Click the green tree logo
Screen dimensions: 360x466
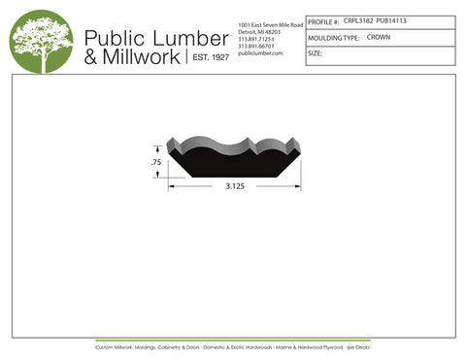click(x=41, y=42)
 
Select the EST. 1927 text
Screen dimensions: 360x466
click(x=207, y=58)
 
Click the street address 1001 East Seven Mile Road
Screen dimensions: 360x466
click(x=270, y=23)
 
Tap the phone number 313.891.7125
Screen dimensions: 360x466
click(x=256, y=39)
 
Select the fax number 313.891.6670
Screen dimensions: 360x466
click(x=256, y=46)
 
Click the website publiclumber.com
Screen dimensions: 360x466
click(x=259, y=53)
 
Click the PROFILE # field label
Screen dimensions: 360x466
click(x=323, y=20)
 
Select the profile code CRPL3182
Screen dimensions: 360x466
click(x=358, y=20)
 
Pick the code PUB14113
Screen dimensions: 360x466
click(x=391, y=20)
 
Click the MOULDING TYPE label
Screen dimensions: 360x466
click(x=333, y=37)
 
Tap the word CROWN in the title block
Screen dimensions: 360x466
click(x=379, y=37)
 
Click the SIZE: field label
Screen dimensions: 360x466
click(x=315, y=53)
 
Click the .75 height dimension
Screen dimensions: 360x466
click(x=156, y=163)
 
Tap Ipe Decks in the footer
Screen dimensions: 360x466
click(x=357, y=346)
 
